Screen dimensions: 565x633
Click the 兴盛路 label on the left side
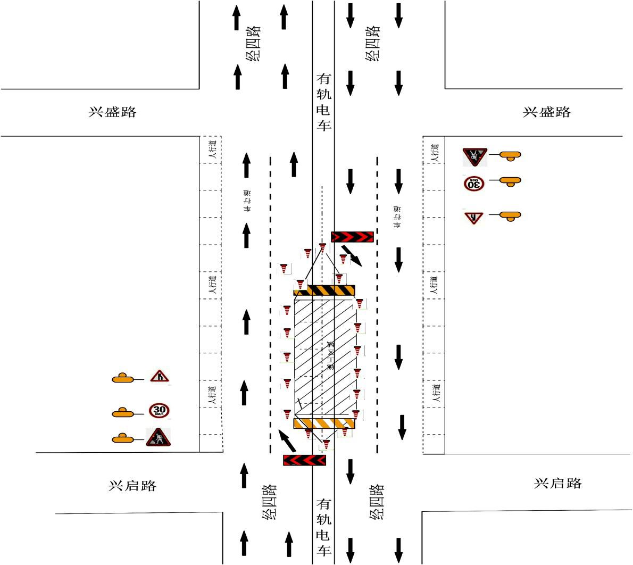click(112, 112)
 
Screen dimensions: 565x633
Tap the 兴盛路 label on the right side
click(547, 112)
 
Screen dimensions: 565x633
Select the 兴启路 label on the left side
click(132, 486)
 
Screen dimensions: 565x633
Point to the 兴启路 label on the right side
click(558, 483)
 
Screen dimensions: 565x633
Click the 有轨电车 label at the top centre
click(324, 102)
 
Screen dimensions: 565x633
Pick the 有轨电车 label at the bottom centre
click(324, 527)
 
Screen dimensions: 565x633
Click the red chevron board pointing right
click(352, 237)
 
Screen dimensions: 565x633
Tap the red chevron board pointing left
click(304, 460)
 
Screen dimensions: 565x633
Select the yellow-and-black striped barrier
click(324, 290)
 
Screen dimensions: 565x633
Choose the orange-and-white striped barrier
click(324, 423)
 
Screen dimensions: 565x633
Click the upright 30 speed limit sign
click(160, 410)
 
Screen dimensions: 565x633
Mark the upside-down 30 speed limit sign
click(473, 184)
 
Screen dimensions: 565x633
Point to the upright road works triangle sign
click(158, 437)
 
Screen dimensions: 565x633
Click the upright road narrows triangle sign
click(159, 377)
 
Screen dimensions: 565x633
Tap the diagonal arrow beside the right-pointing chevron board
click(352, 255)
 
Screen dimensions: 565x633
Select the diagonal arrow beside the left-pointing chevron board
click(287, 441)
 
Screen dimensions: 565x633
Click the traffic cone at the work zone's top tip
click(322, 247)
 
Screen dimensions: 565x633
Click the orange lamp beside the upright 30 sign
click(123, 412)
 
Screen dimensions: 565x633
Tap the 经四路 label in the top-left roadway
click(254, 43)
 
